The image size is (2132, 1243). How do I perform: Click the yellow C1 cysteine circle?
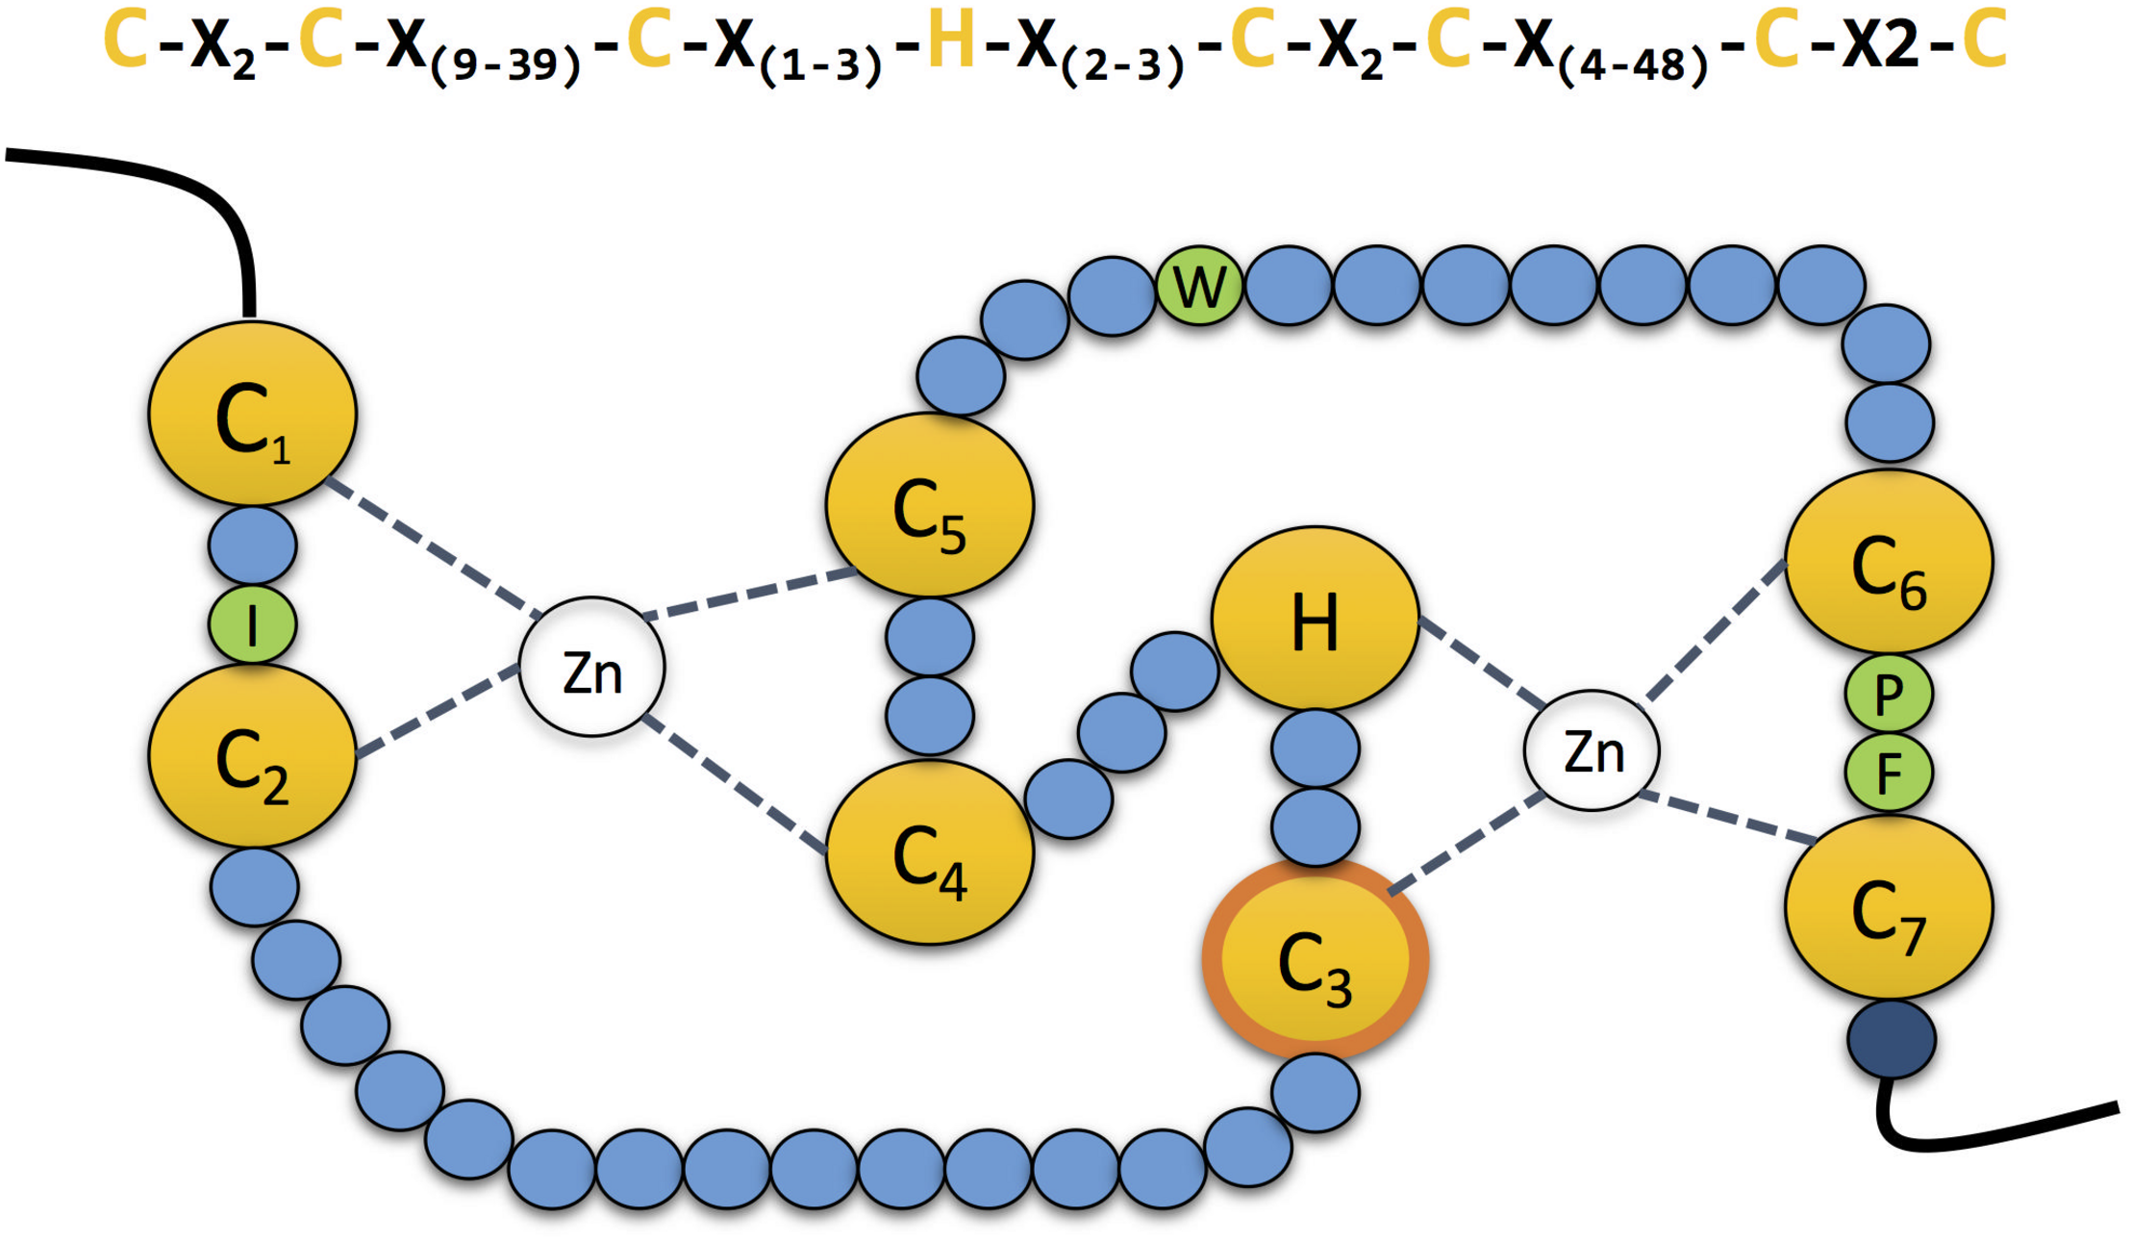click(252, 414)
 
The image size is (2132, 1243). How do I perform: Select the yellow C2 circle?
click(252, 756)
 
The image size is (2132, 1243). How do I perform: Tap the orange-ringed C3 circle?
click(1315, 959)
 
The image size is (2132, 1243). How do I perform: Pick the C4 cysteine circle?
click(929, 852)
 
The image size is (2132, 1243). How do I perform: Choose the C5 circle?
click(929, 505)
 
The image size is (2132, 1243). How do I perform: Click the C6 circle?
click(1889, 562)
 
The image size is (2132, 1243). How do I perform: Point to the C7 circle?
click(1889, 907)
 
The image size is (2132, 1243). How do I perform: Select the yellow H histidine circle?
click(1315, 619)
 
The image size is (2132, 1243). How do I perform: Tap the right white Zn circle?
click(1592, 750)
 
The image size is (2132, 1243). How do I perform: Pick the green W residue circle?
click(1199, 285)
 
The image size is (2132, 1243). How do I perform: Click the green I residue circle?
click(252, 624)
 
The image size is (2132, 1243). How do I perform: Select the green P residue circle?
click(1889, 694)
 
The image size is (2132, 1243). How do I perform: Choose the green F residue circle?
click(1889, 773)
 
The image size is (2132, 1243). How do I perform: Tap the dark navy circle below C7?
click(1891, 1040)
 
